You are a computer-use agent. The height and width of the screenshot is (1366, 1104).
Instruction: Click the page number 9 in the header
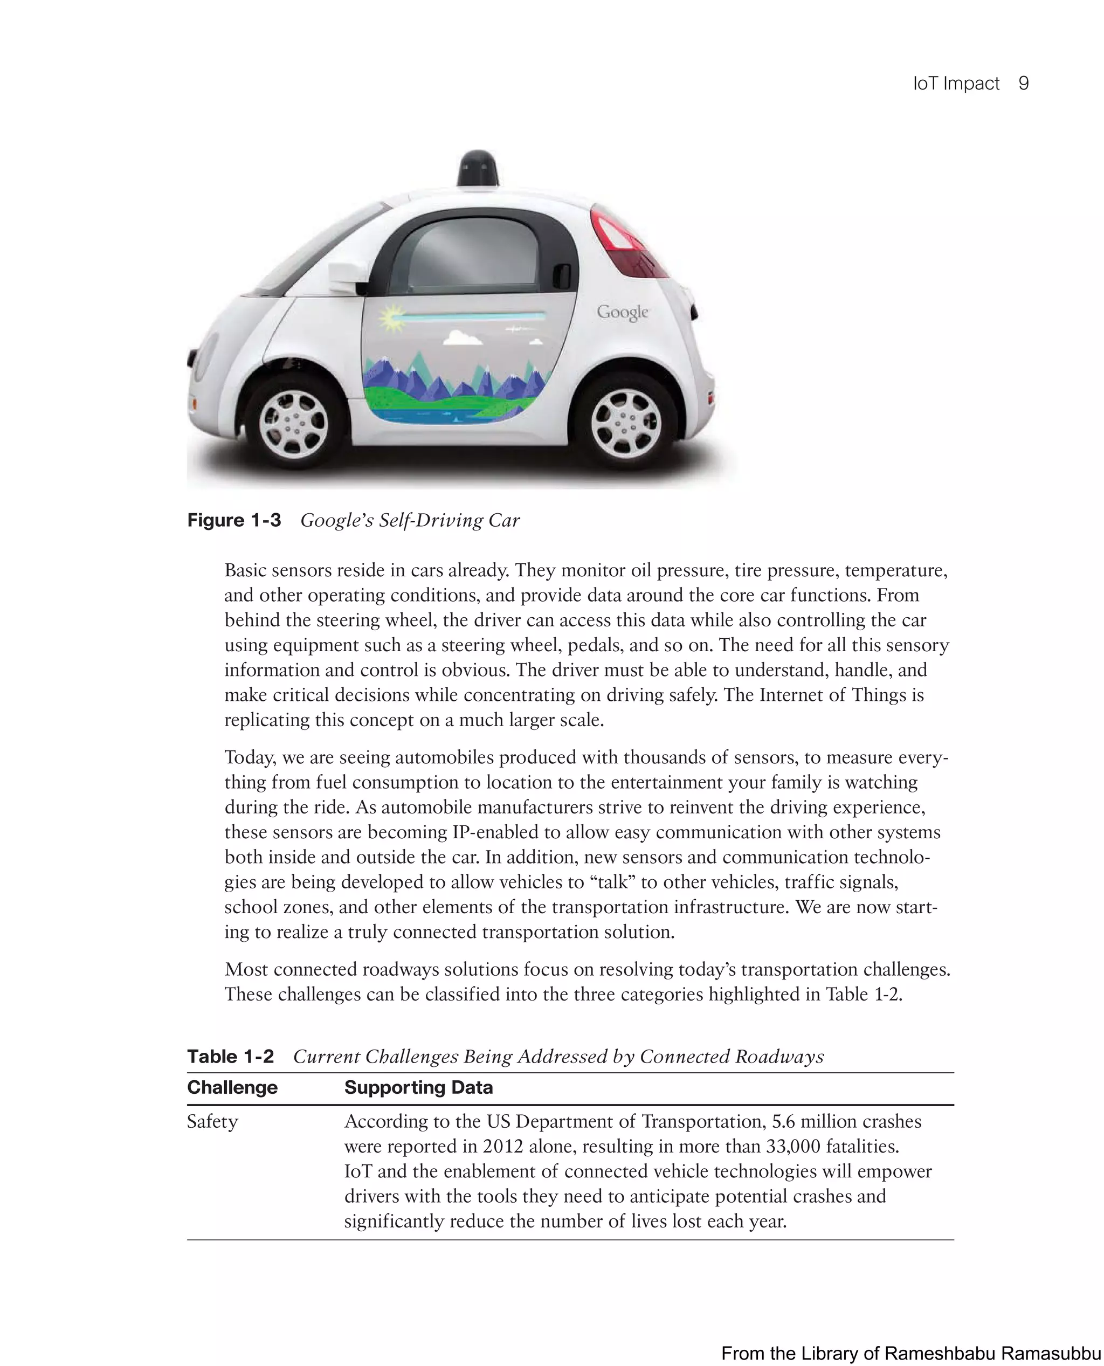(1023, 84)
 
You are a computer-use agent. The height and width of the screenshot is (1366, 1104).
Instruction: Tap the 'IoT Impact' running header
(956, 84)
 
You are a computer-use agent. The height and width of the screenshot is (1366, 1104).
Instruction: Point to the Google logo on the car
(622, 312)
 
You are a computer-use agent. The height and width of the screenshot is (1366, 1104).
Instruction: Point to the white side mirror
(347, 278)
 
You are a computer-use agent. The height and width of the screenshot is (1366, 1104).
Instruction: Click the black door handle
(562, 275)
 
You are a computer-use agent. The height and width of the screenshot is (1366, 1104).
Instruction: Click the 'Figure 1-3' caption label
(233, 520)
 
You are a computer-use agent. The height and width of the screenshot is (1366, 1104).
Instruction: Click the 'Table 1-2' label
(230, 1056)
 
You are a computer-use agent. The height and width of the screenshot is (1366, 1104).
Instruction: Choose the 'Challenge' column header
(232, 1087)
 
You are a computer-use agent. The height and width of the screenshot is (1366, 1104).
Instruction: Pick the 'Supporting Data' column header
(418, 1087)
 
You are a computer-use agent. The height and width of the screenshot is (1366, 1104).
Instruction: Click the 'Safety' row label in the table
(212, 1121)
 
